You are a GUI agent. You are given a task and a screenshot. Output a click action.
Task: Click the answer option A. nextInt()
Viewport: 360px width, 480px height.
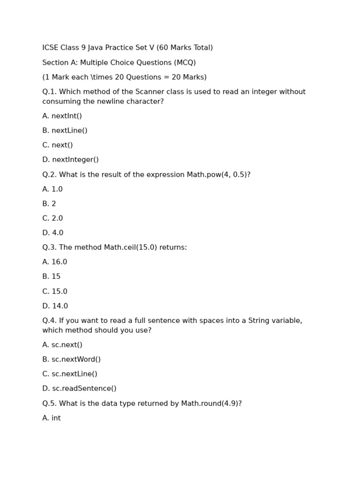pyautogui.click(x=62, y=116)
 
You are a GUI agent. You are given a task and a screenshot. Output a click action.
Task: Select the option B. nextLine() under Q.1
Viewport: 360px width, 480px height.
pyautogui.click(x=65, y=131)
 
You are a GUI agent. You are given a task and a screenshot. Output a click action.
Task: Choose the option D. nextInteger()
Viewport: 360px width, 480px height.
pyautogui.click(x=70, y=160)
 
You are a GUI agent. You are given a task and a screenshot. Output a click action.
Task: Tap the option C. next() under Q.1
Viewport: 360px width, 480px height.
pyautogui.click(x=57, y=145)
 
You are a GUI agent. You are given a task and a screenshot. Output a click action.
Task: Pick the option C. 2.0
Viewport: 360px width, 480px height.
pyautogui.click(x=52, y=218)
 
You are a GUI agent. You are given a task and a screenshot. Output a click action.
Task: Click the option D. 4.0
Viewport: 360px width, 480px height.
pyautogui.click(x=52, y=233)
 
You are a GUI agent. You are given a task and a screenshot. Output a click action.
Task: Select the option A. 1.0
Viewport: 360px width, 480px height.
pyautogui.click(x=52, y=189)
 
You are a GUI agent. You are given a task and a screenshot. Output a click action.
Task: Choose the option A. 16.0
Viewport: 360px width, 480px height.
pyautogui.click(x=54, y=262)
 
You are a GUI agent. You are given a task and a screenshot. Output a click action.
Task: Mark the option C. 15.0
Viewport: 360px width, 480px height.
pyautogui.click(x=54, y=292)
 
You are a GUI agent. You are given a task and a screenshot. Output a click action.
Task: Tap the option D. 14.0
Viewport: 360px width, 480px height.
pyautogui.click(x=55, y=306)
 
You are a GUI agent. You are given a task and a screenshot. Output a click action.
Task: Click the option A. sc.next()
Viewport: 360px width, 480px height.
pyautogui.click(x=62, y=345)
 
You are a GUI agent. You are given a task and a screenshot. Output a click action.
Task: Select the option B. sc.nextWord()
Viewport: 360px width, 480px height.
pyautogui.click(x=71, y=360)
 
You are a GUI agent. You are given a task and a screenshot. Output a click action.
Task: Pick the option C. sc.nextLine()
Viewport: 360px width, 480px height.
pyautogui.click(x=70, y=374)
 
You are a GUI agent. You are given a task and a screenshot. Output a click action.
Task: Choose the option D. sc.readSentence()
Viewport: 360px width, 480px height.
pyautogui.click(x=79, y=389)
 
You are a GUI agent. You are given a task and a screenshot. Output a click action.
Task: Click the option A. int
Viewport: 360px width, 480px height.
pyautogui.click(x=52, y=418)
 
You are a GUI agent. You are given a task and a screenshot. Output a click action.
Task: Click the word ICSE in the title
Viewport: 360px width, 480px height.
pyautogui.click(x=50, y=48)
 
